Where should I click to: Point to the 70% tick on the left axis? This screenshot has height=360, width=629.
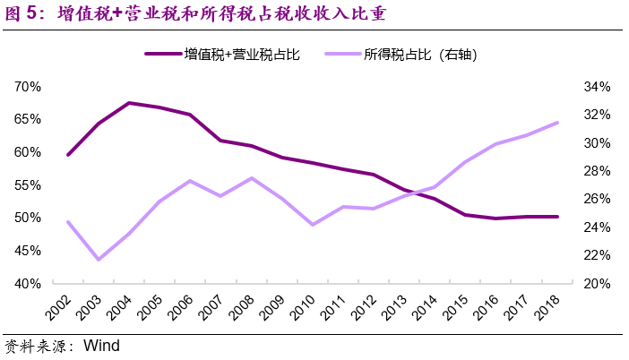click(28, 87)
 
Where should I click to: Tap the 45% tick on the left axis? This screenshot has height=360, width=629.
click(28, 251)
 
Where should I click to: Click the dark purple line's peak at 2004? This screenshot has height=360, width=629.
click(129, 103)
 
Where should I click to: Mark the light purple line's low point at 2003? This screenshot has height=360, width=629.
click(99, 260)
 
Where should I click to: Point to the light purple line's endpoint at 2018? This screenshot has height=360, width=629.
click(557, 123)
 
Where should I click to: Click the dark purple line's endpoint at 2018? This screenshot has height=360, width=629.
click(557, 217)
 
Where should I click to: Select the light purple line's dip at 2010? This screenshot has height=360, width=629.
click(313, 225)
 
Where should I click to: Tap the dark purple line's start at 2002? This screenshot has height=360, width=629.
click(68, 155)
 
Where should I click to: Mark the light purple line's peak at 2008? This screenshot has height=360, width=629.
click(252, 178)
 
